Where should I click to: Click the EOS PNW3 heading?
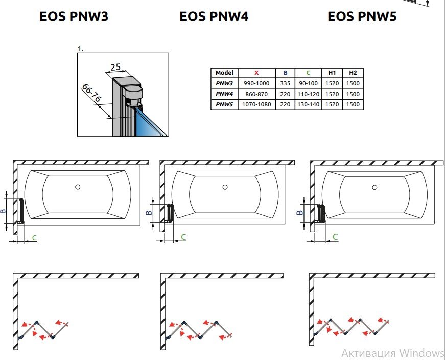[74, 16]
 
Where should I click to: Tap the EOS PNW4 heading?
[214, 16]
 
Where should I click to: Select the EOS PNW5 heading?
[362, 16]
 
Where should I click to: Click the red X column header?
[256, 73]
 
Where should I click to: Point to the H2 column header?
[353, 73]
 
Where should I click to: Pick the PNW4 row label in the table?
[224, 94]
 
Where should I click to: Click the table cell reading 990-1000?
[256, 83]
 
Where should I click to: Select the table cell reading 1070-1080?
[256, 104]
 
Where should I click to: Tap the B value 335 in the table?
[285, 83]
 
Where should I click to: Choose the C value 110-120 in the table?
[308, 94]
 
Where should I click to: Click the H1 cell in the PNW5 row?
[332, 104]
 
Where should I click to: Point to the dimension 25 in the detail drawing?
[115, 67]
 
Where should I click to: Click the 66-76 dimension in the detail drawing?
[91, 93]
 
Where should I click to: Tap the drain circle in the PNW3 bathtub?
[78, 187]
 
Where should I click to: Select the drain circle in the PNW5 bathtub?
[374, 187]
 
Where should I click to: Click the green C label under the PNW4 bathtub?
[183, 237]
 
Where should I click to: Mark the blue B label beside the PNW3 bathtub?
[3, 211]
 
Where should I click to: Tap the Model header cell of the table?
[224, 73]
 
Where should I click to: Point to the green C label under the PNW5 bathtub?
[335, 237]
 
